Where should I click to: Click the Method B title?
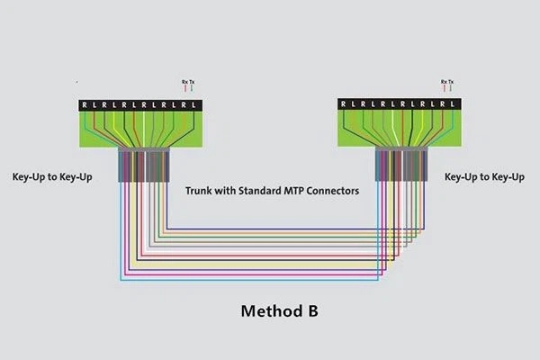click(x=279, y=311)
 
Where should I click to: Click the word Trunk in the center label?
click(x=201, y=191)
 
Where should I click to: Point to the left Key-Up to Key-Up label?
click(x=52, y=177)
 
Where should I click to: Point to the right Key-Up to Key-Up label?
click(x=485, y=177)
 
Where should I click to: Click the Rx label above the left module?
click(x=184, y=82)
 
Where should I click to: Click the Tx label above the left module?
click(x=192, y=82)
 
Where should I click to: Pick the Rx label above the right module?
click(x=443, y=82)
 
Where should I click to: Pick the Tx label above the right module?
click(x=450, y=82)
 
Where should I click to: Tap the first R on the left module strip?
click(x=85, y=104)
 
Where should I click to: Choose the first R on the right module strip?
click(x=344, y=104)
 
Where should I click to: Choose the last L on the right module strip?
click(x=454, y=104)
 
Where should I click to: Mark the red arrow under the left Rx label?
click(x=184, y=90)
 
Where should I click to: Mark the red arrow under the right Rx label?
click(x=443, y=90)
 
